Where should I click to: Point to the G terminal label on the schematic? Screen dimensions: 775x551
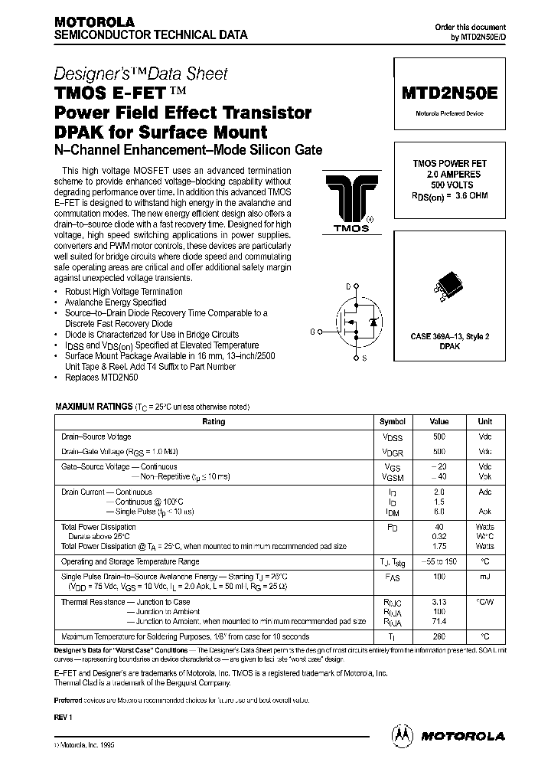tap(312, 331)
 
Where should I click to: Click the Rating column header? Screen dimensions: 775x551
tap(214, 422)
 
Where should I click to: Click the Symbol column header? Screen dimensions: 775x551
tap(393, 422)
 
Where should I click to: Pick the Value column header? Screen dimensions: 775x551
tap(439, 422)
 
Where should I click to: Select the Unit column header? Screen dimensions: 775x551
tap(484, 422)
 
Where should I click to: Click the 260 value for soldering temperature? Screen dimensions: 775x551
tap(439, 636)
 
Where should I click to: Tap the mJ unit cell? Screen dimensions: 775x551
tap(484, 575)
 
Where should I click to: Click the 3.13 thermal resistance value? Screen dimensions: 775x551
tap(439, 602)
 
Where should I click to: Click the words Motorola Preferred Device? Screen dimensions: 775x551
tap(449, 113)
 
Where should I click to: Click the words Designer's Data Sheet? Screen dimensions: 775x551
tap(140, 74)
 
